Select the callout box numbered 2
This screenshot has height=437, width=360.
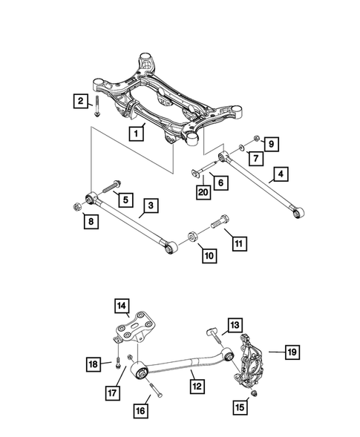79,101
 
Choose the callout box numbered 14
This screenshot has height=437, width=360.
121,305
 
